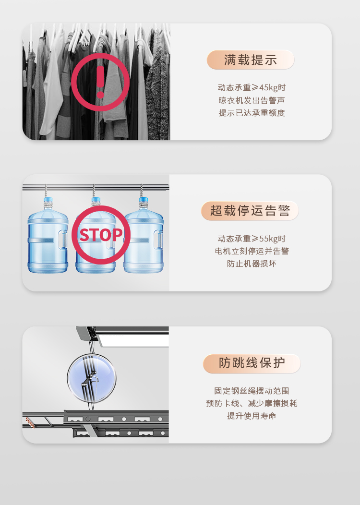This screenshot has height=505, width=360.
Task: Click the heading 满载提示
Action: coord(250,60)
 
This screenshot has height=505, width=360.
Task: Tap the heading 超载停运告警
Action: coord(250,211)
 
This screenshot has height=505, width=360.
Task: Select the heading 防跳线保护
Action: coord(252,363)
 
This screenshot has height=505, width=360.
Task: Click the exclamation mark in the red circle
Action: coord(100,82)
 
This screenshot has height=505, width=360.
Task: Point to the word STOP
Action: coord(101,235)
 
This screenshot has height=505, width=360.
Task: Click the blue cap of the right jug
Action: coord(144,199)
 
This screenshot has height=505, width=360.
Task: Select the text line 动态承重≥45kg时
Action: coord(252,87)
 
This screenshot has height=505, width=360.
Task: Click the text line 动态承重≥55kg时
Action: coord(252,238)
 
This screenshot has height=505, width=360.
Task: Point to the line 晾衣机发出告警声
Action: coord(252,100)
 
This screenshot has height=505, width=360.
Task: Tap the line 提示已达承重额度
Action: coord(252,113)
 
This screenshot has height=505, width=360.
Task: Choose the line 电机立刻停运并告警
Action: coord(252,251)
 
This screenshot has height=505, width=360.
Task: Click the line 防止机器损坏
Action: coord(252,264)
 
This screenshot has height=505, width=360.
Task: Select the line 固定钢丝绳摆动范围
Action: coord(252,391)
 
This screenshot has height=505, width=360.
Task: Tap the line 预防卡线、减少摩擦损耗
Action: coord(252,403)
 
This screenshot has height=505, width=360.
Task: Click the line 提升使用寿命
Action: coord(252,416)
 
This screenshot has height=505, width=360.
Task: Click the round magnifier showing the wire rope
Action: coord(92,378)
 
